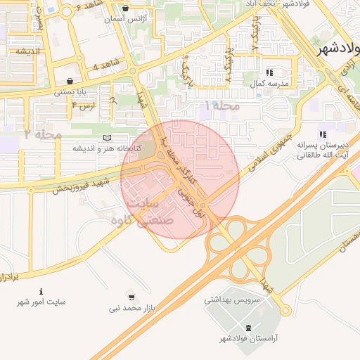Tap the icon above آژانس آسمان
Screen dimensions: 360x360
[x=124, y=9]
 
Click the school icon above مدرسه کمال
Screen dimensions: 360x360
[x=269, y=72]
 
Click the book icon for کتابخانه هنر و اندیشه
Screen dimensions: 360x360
[x=107, y=138]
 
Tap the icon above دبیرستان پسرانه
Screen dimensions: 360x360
[x=323, y=134]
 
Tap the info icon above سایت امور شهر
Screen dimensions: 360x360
[x=41, y=291]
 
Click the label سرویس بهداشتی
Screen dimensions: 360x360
[x=232, y=300]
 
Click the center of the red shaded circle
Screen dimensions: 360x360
[x=180, y=179]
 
